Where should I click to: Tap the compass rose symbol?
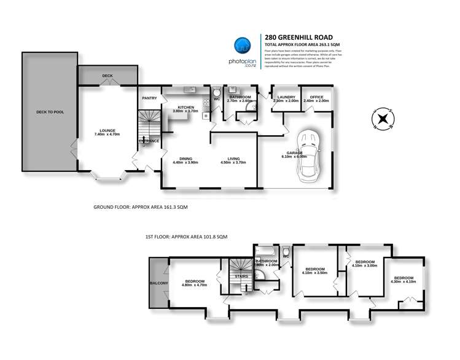[383, 118]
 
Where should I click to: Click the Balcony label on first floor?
[158, 283]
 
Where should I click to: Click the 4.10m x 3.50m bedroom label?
[316, 270]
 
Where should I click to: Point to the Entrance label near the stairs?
[149, 141]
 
